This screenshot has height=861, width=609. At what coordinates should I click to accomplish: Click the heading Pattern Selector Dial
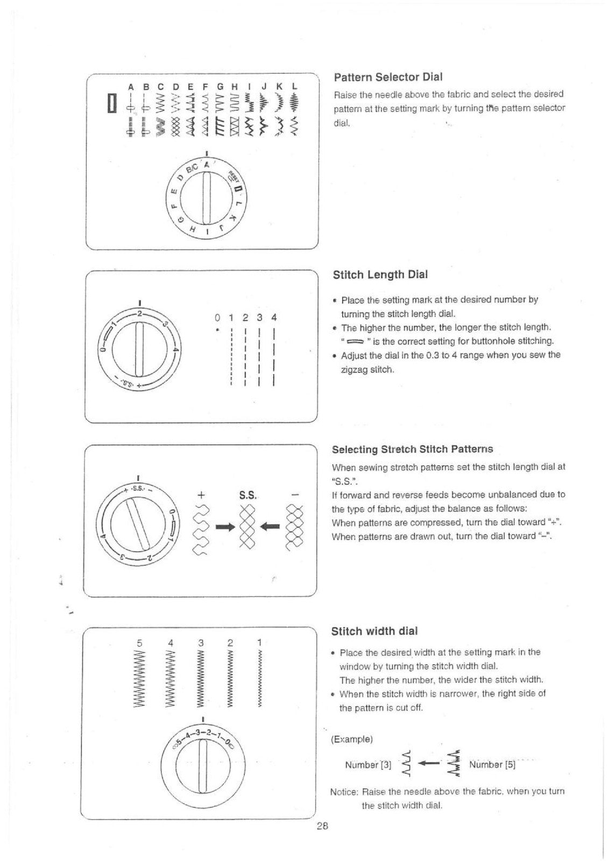388,77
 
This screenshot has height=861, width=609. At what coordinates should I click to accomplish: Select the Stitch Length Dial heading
380,275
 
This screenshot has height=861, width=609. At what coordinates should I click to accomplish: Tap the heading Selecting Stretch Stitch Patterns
412,449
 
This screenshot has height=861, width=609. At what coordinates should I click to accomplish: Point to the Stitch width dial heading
374,631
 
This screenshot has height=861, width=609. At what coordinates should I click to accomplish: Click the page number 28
322,825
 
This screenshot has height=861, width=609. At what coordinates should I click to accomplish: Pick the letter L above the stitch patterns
294,87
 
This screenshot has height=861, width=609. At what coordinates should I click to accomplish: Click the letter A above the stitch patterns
131,87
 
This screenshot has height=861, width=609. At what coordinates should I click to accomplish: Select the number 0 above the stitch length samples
217,318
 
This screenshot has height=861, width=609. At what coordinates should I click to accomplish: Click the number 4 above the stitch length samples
274,318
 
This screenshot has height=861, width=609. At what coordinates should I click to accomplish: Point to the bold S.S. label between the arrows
247,496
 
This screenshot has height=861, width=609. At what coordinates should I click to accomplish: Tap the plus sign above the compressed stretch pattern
200,495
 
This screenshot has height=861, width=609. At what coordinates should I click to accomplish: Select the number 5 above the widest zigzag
139,643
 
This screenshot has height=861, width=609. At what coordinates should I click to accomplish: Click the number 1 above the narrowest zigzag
259,643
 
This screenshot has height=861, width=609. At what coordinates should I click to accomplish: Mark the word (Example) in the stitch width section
352,739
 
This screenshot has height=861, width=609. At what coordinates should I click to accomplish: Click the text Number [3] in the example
368,765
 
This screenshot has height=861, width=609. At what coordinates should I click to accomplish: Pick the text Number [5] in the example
492,765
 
